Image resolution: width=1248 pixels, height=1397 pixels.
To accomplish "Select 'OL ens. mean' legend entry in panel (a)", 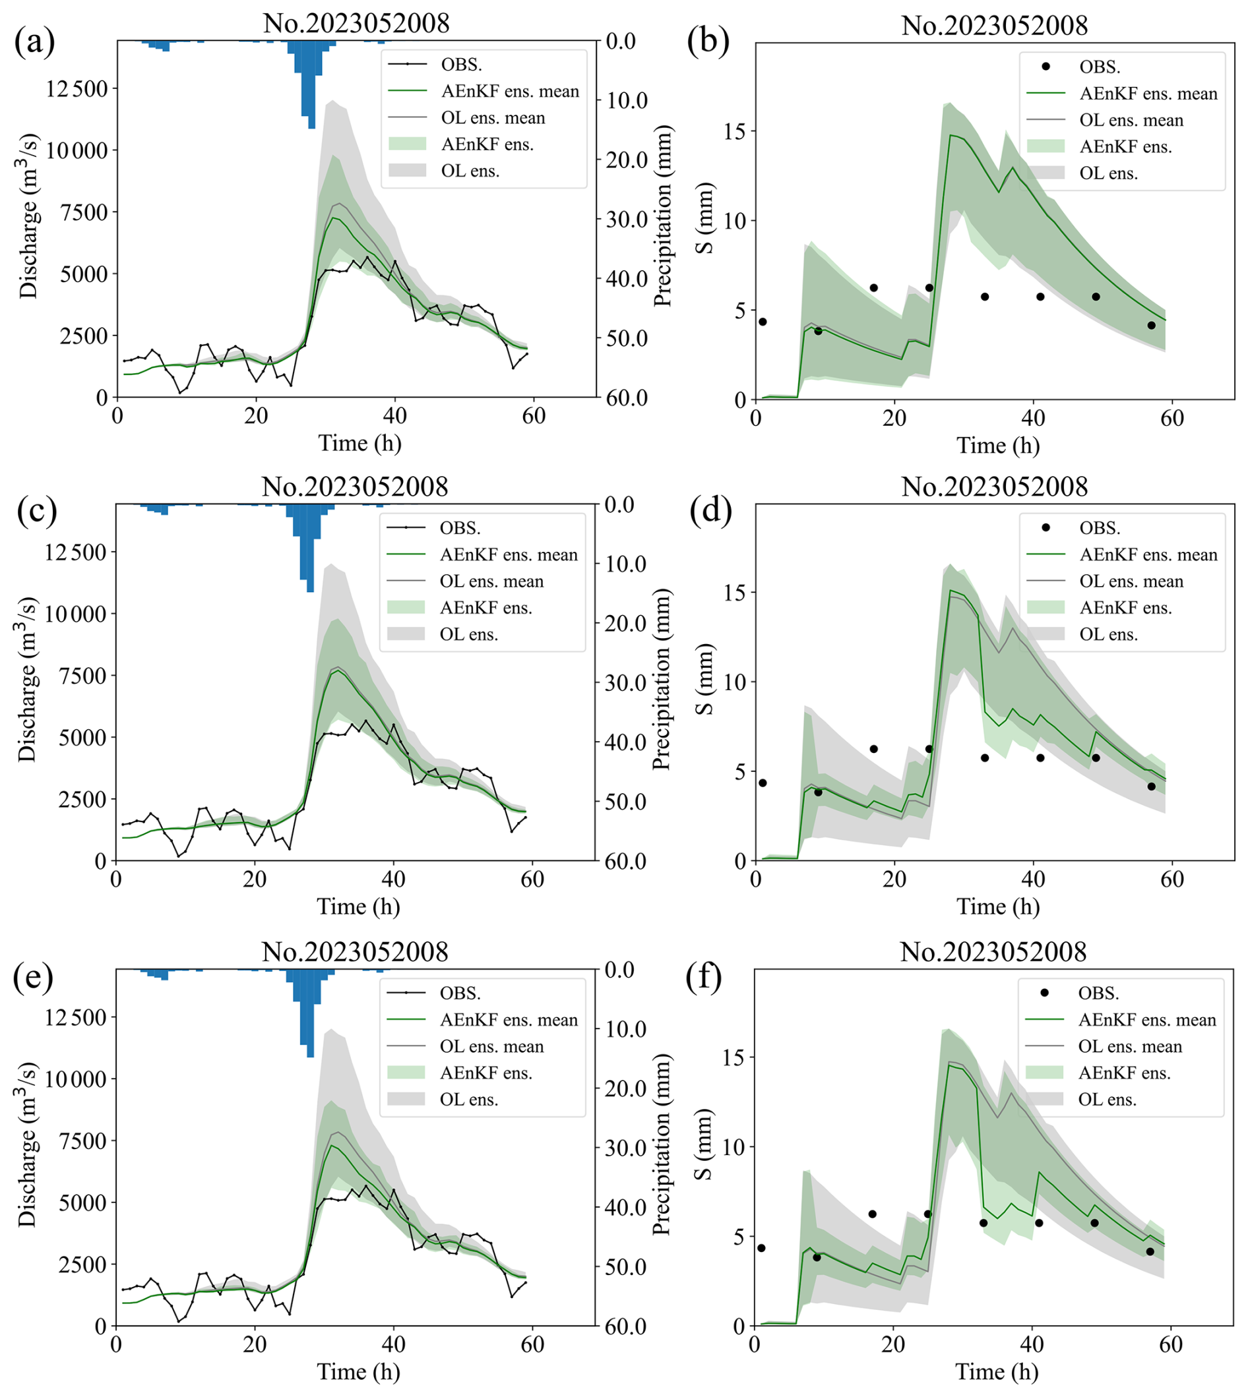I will click(493, 118).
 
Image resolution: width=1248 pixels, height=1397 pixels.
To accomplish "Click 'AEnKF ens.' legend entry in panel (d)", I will click(1125, 608).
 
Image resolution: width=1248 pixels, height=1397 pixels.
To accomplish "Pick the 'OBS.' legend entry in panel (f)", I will click(1098, 994).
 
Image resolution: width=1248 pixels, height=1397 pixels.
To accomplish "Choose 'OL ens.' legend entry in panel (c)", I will click(468, 635).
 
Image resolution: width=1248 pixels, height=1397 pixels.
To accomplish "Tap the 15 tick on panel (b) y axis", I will click(735, 131).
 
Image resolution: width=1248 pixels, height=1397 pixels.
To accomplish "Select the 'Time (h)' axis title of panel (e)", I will click(358, 1373).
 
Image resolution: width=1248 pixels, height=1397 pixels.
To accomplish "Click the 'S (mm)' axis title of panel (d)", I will click(705, 679).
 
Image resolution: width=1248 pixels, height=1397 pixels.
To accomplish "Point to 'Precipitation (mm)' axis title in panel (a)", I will click(662, 216).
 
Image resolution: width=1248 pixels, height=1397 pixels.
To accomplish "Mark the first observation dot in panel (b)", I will click(763, 322).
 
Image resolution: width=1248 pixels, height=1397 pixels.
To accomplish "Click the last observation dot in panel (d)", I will click(1151, 787).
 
